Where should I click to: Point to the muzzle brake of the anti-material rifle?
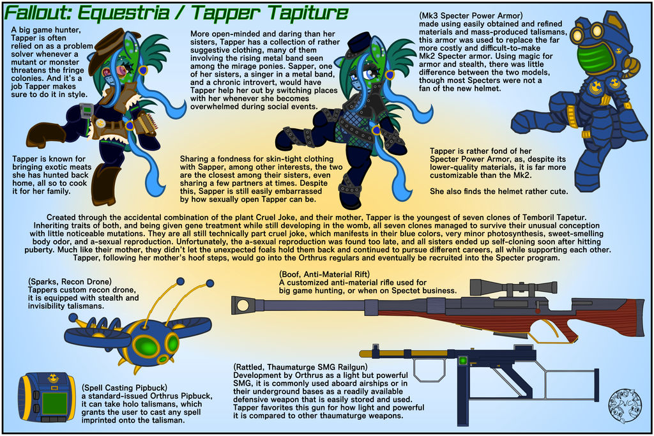click(243, 305)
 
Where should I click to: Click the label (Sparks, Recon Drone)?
click(70, 282)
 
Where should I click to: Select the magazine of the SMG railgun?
click(463, 396)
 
